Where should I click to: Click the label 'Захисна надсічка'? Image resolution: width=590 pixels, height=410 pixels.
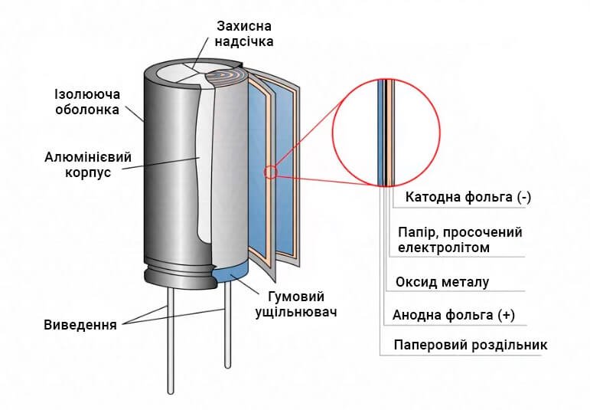tap(244, 33)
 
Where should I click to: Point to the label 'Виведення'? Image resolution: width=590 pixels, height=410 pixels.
tap(80, 324)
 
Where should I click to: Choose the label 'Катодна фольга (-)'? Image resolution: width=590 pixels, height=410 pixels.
tap(468, 197)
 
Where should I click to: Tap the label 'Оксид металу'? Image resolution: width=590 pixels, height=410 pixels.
tap(442, 282)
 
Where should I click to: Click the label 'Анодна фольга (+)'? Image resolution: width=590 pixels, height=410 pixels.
tap(452, 315)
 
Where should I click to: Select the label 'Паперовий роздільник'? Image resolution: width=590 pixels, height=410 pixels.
tap(471, 345)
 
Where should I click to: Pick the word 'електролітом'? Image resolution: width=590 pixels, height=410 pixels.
tap(444, 248)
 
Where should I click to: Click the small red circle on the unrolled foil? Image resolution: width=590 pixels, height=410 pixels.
tap(270, 172)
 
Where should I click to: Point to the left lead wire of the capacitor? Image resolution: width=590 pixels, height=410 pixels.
tap(170, 337)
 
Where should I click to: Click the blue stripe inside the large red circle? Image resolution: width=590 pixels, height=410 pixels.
tap(381, 130)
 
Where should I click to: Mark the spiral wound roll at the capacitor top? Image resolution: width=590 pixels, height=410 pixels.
tap(229, 77)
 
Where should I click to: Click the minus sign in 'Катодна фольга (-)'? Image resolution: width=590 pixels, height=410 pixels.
tap(523, 197)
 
